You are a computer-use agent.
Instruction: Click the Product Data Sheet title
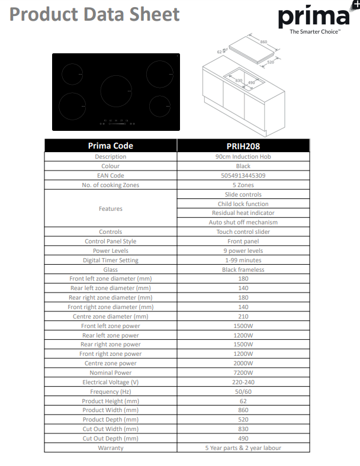[95, 15]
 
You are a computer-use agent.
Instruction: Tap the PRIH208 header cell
[243, 146]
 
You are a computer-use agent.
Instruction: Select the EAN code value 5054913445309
[243, 176]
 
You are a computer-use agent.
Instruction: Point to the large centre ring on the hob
[116, 91]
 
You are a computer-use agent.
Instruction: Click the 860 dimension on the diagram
[264, 42]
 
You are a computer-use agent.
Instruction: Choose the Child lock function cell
[243, 204]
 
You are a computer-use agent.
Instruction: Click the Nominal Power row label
[110, 372]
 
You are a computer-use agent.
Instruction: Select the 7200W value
[243, 372]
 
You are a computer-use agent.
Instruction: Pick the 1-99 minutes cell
[243, 260]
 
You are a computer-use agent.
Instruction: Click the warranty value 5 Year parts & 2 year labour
[243, 448]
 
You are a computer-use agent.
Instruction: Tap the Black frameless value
[243, 269]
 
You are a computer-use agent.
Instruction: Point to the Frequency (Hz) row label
[110, 391]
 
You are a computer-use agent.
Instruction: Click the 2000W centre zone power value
[243, 363]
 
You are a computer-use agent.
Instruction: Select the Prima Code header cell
[110, 146]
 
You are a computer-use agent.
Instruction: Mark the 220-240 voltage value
[243, 382]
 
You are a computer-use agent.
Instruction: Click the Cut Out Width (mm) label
[110, 429]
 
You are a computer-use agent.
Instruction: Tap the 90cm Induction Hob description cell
[243, 157]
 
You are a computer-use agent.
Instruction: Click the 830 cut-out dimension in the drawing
[239, 81]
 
